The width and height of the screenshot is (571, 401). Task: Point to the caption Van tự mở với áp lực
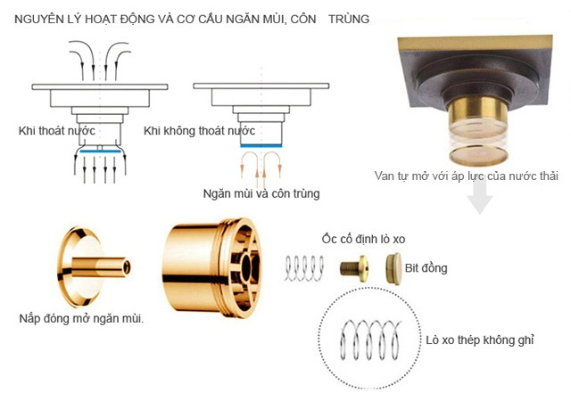tap(467, 176)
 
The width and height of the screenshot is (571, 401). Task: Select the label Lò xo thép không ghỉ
tap(476, 340)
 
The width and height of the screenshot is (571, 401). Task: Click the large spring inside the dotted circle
tap(370, 338)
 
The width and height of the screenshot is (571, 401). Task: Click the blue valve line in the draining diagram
tap(101, 152)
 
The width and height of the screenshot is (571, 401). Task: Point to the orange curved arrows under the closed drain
tap(261, 168)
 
